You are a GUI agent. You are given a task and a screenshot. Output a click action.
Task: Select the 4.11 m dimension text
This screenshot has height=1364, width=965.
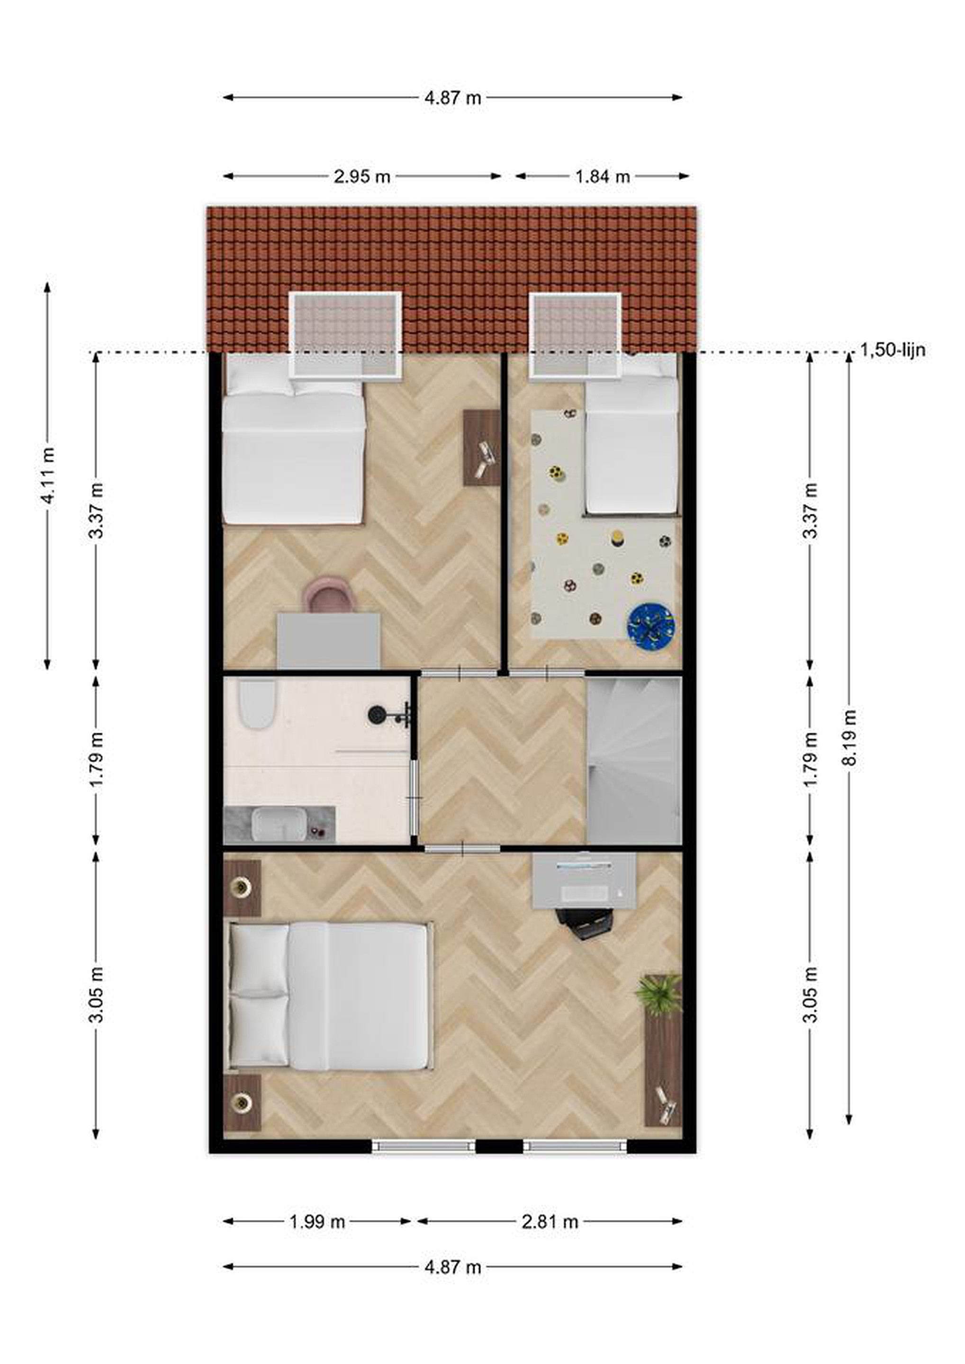(48, 475)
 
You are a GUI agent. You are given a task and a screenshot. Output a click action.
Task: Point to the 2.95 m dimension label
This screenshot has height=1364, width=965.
(362, 177)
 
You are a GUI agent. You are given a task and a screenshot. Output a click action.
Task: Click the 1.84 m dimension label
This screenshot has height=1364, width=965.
(603, 177)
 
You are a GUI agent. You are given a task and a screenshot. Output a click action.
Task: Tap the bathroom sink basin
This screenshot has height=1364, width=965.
(278, 825)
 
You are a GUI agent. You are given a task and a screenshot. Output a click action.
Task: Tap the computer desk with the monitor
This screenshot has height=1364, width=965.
(584, 881)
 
